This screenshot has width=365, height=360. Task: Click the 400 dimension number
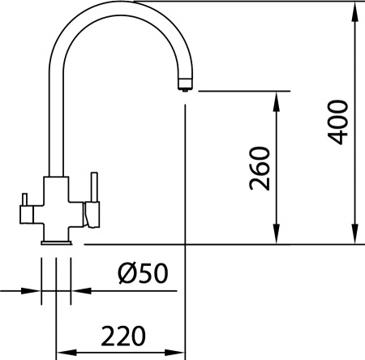[340, 122]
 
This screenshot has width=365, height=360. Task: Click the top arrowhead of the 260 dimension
[278, 98]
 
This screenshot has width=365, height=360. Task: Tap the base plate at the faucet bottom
[57, 241]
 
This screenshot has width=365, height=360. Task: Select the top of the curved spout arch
[122, 6]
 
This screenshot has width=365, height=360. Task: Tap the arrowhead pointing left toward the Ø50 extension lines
[79, 289]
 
